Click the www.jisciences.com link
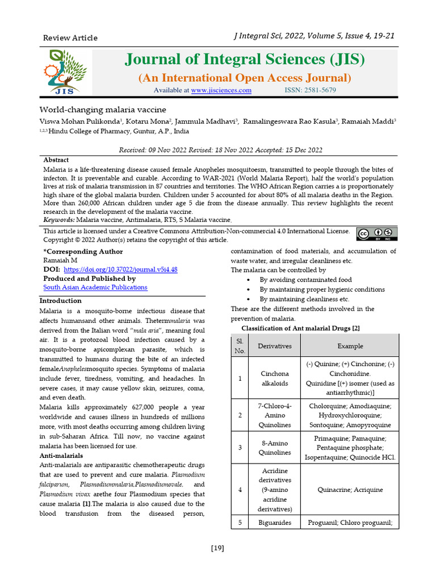coord(221,90)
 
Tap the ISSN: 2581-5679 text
coord(310,90)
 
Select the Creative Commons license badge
coord(376,234)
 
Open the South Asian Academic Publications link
coord(95,287)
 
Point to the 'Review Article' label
coord(70,38)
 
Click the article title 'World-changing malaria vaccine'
coord(102,110)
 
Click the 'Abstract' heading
coord(56,160)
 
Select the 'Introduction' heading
coord(60,301)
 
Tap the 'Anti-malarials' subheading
coord(61,456)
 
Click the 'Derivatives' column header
coord(275,346)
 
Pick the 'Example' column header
coord(350,346)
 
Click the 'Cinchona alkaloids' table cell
coord(275,378)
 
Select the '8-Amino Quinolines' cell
coord(275,448)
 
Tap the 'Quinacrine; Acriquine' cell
coord(350,490)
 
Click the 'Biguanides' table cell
coord(275,523)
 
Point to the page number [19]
coord(217,548)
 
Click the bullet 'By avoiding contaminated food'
coord(305,280)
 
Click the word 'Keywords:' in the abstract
coord(59,220)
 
